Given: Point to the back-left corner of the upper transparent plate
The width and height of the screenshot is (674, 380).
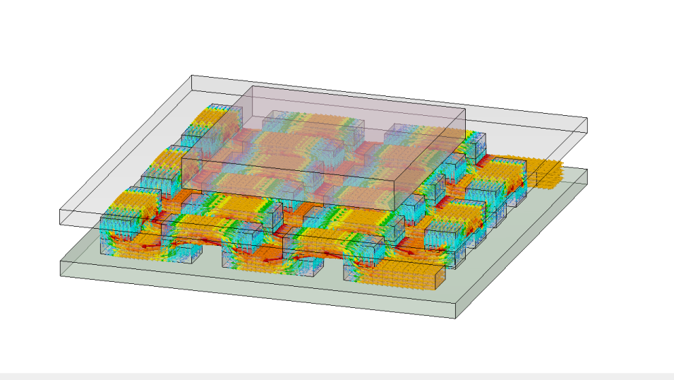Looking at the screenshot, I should (192, 76).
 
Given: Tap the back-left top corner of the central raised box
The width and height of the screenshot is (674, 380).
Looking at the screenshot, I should (252, 86).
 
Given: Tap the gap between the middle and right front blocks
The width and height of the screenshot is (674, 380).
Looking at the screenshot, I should (332, 268).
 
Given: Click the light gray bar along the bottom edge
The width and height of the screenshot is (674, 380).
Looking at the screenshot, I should (337, 376).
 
